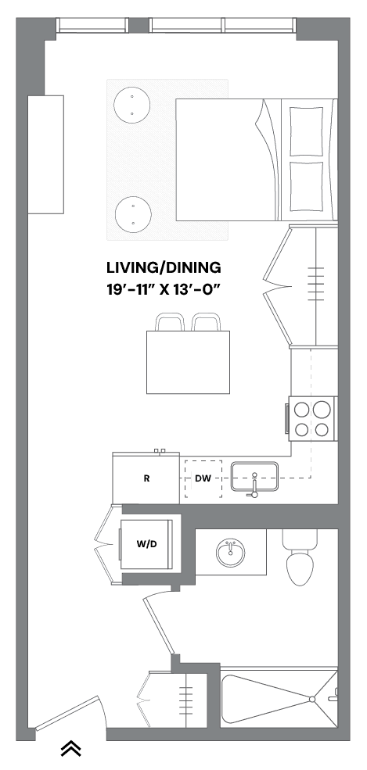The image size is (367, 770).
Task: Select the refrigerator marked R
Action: pyautogui.click(x=146, y=478)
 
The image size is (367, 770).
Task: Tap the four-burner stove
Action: pyautogui.click(x=311, y=418)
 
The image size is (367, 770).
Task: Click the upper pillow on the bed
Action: pyautogui.click(x=307, y=131)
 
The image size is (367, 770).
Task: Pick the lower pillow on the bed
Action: pyautogui.click(x=307, y=188)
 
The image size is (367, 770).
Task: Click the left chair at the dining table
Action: pyautogui.click(x=169, y=322)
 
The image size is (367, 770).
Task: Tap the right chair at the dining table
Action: pyautogui.click(x=205, y=322)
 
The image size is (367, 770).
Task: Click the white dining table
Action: pyautogui.click(x=188, y=362)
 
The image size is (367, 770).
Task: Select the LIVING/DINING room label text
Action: pyautogui.click(x=164, y=267)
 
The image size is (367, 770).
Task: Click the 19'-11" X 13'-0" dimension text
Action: pyautogui.click(x=164, y=290)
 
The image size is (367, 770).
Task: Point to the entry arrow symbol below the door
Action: pyautogui.click(x=71, y=748)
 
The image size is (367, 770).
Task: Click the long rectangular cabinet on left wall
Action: pyautogui.click(x=45, y=154)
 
